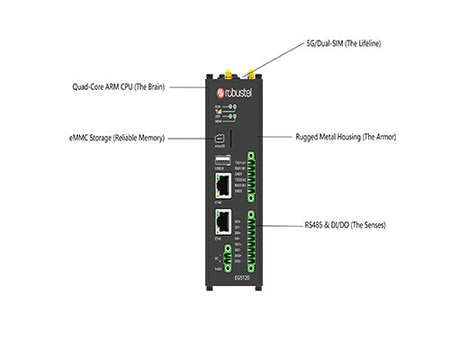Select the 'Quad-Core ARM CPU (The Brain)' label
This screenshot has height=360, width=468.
[x=122, y=87]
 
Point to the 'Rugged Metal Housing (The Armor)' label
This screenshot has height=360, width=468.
[x=346, y=138]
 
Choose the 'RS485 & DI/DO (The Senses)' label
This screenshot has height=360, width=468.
[x=346, y=224]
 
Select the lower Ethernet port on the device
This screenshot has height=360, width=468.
[x=221, y=225]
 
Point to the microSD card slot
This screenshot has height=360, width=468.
[x=219, y=139]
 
